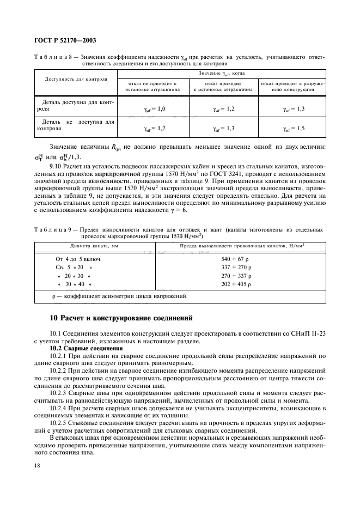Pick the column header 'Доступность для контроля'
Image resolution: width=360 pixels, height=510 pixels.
(x=74, y=78)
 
